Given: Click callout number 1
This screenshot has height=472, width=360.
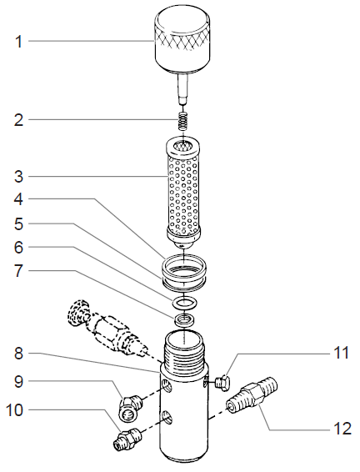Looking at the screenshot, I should click(x=18, y=41).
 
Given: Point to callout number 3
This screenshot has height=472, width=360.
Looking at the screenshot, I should click(x=18, y=176).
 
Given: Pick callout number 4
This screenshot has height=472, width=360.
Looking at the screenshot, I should click(x=18, y=200).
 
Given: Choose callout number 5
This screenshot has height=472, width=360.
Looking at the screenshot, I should click(x=18, y=224).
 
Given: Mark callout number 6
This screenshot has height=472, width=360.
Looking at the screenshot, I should click(x=18, y=249).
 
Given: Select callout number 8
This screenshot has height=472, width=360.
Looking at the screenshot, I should click(x=18, y=353).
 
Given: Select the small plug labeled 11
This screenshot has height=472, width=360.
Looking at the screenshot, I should click(x=222, y=382).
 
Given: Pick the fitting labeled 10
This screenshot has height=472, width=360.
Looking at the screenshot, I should click(x=125, y=437).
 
